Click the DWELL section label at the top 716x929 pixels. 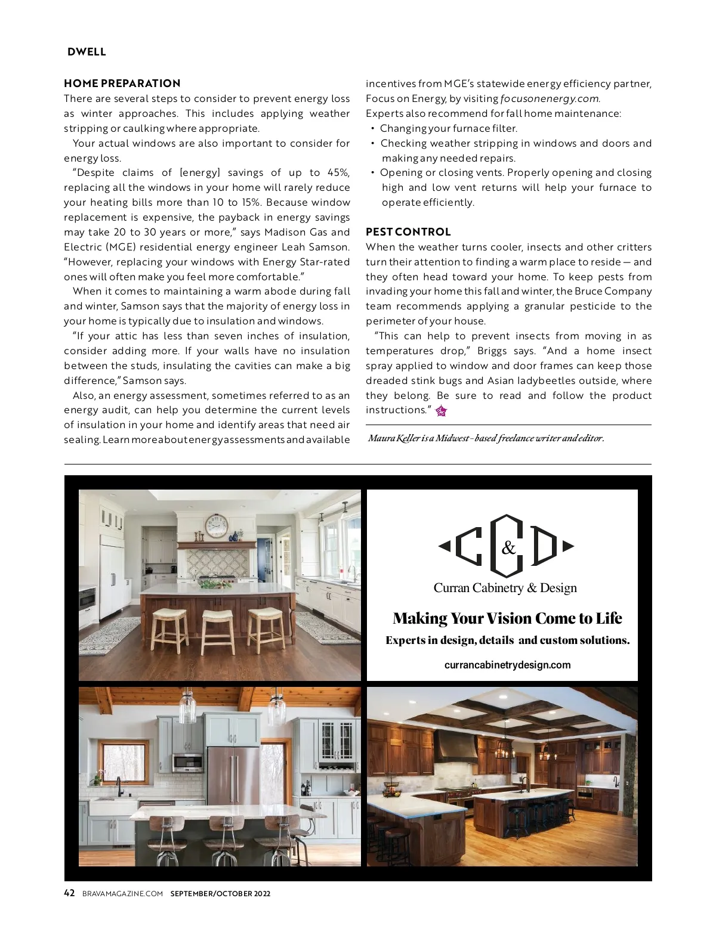point(87,52)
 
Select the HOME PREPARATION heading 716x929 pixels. point(122,83)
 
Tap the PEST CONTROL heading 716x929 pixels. point(408,232)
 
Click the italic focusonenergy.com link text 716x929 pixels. point(550,98)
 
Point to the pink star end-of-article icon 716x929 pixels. point(441,411)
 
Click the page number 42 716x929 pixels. point(69,893)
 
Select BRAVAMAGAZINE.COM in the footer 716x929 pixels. point(122,894)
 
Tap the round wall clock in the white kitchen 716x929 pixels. point(216,526)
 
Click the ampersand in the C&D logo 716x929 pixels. point(508,548)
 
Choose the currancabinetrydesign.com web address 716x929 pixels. point(507,665)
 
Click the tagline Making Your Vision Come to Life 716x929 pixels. point(507,618)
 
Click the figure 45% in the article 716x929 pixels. point(338,173)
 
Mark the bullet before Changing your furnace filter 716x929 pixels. point(373,129)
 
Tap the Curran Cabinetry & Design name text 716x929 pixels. point(505,588)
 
